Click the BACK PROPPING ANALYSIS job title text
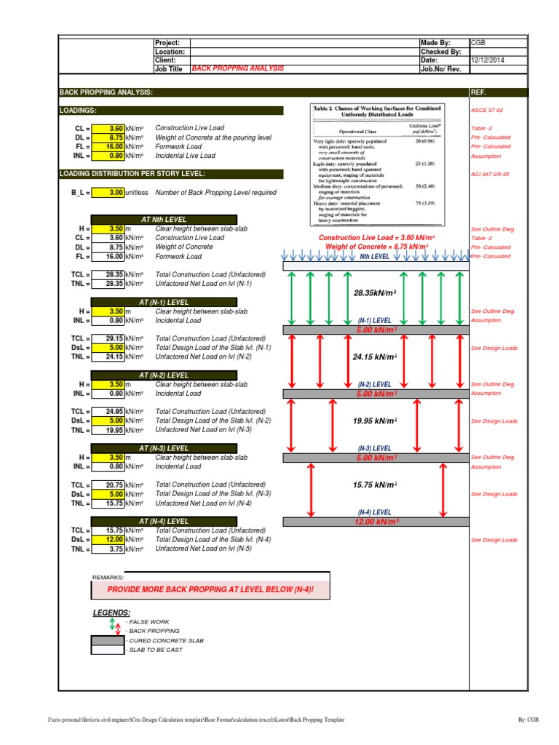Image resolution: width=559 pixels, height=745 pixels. (237, 68)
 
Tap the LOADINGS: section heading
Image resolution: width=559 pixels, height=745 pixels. (79, 111)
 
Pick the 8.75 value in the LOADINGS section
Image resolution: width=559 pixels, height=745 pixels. (116, 137)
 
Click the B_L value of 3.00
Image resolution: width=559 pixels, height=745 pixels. (116, 192)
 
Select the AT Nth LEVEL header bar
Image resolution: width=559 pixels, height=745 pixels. (164, 220)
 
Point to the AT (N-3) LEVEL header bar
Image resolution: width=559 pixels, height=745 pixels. (164, 448)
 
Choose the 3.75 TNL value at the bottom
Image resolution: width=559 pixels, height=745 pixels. (116, 549)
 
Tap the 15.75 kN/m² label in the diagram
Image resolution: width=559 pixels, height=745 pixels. (375, 485)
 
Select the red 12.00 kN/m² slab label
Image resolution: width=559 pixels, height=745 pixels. (376, 522)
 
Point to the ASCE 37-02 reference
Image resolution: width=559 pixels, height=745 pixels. (488, 111)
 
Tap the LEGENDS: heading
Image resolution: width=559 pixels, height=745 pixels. (111, 613)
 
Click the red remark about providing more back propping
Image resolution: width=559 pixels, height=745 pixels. (210, 589)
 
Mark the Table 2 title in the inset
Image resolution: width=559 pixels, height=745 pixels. (377, 111)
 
